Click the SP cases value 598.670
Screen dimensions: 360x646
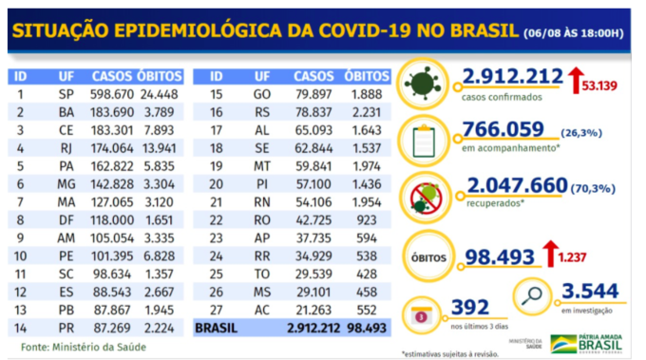pos(113,95)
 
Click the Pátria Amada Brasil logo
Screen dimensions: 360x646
pos(584,341)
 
